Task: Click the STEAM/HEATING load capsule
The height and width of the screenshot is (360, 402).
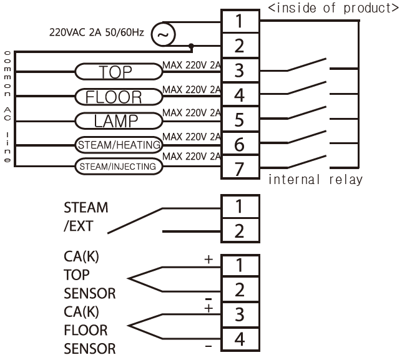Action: tap(117, 145)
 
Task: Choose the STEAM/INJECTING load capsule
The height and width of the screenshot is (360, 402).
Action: tap(117, 167)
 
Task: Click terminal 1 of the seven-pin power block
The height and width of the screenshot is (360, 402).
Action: tap(238, 21)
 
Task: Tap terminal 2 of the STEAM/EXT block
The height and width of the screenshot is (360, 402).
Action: tap(238, 231)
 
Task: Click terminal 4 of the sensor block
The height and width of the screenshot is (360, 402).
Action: tap(238, 340)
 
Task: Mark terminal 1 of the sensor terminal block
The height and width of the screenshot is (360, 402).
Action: tap(238, 265)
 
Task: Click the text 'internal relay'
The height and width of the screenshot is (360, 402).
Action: tap(315, 180)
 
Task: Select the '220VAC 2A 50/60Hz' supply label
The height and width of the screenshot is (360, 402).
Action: tap(97, 31)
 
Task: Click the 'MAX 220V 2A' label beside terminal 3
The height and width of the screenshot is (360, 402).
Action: tap(192, 63)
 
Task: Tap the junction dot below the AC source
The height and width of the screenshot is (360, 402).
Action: tap(191, 46)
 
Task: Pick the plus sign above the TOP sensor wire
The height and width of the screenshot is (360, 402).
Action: tap(208, 258)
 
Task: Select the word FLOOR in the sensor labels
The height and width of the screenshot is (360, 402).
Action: tap(86, 329)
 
